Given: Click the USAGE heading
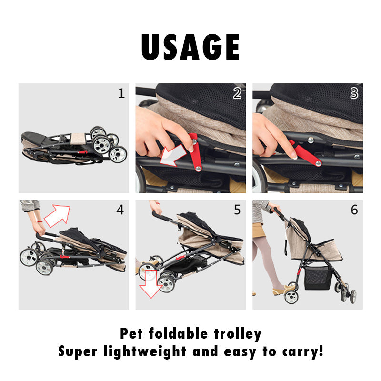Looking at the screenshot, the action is pos(190,47).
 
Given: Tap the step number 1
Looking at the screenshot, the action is pos(121,93).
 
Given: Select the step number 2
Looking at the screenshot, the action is pos(237,93).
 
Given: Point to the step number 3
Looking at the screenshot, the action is pos(354,93).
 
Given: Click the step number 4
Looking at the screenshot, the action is pos(120,210).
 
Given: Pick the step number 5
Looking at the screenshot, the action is pos(237,210).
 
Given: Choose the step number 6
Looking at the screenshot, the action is pos(354,210).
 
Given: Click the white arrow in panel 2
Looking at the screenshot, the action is pos(172,156).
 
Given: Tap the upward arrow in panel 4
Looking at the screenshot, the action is pos(57,216).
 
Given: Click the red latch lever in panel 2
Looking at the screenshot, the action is pos(195,152).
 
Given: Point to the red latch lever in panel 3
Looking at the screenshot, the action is pos(305,153).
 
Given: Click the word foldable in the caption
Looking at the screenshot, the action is pos(178,333).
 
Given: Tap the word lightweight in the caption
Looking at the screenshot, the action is pos(145,351).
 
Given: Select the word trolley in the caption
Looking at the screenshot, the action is pos(238,334).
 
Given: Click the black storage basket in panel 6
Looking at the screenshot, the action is pos(318,277).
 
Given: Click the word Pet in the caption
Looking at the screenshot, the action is pos(131,333).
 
